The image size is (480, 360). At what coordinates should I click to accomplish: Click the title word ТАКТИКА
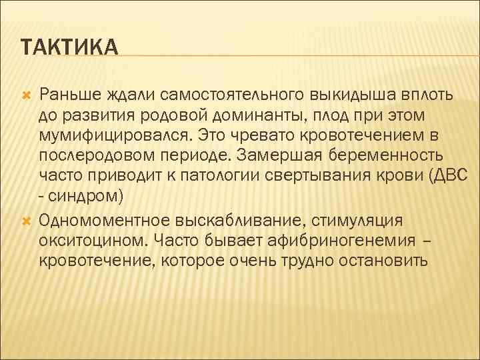69,48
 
